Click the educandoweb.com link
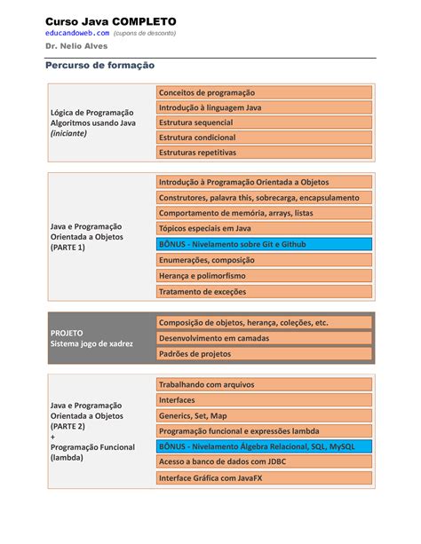click(76, 33)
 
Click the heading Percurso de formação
click(99, 66)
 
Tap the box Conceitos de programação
click(264, 92)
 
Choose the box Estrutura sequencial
click(264, 122)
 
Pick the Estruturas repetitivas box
click(264, 153)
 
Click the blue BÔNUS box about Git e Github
click(264, 242)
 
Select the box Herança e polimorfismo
click(264, 275)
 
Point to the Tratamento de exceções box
click(264, 291)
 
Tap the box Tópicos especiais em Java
click(264, 228)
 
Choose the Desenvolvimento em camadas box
click(264, 338)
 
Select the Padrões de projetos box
click(264, 353)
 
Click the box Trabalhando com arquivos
click(264, 384)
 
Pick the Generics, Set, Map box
click(264, 415)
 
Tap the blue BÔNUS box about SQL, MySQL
click(264, 446)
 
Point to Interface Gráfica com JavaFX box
click(264, 477)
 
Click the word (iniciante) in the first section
click(69, 133)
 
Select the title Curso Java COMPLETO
click(111, 20)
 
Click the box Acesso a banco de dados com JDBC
click(264, 461)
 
